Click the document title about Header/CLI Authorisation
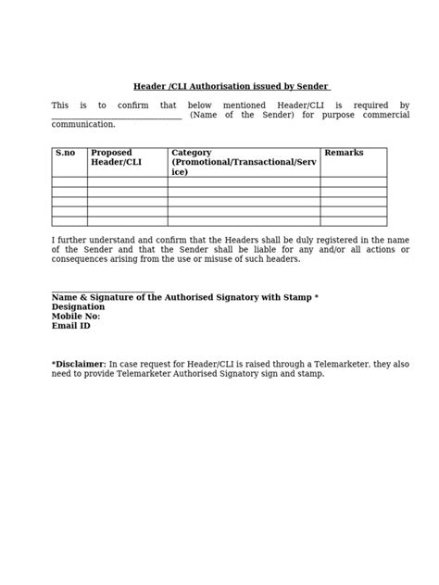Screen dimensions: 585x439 [231, 86]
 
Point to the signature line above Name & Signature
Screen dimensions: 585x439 [103, 290]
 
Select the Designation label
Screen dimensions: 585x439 [78, 306]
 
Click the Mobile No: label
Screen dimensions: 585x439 [76, 317]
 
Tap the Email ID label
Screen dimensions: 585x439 [71, 326]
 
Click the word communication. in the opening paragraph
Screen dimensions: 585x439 [83, 124]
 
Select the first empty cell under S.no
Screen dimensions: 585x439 [69, 182]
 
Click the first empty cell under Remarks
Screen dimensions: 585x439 [353, 182]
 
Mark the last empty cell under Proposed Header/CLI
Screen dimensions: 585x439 [127, 221]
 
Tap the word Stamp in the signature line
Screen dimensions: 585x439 [297, 297]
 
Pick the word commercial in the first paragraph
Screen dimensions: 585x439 [384, 115]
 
